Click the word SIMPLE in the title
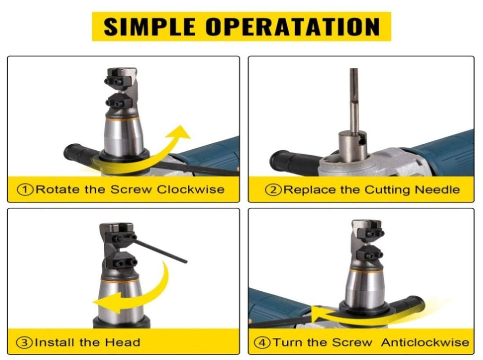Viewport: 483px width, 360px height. [x=150, y=26]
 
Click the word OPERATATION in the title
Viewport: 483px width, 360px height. [x=292, y=26]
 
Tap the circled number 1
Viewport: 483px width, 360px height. [x=25, y=189]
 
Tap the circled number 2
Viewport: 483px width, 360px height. [x=273, y=190]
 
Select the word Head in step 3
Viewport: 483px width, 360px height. [x=123, y=342]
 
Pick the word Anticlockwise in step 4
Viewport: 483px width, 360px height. [x=425, y=342]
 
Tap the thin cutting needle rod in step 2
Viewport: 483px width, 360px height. [x=354, y=100]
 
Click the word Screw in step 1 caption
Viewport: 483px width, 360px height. [x=131, y=189]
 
